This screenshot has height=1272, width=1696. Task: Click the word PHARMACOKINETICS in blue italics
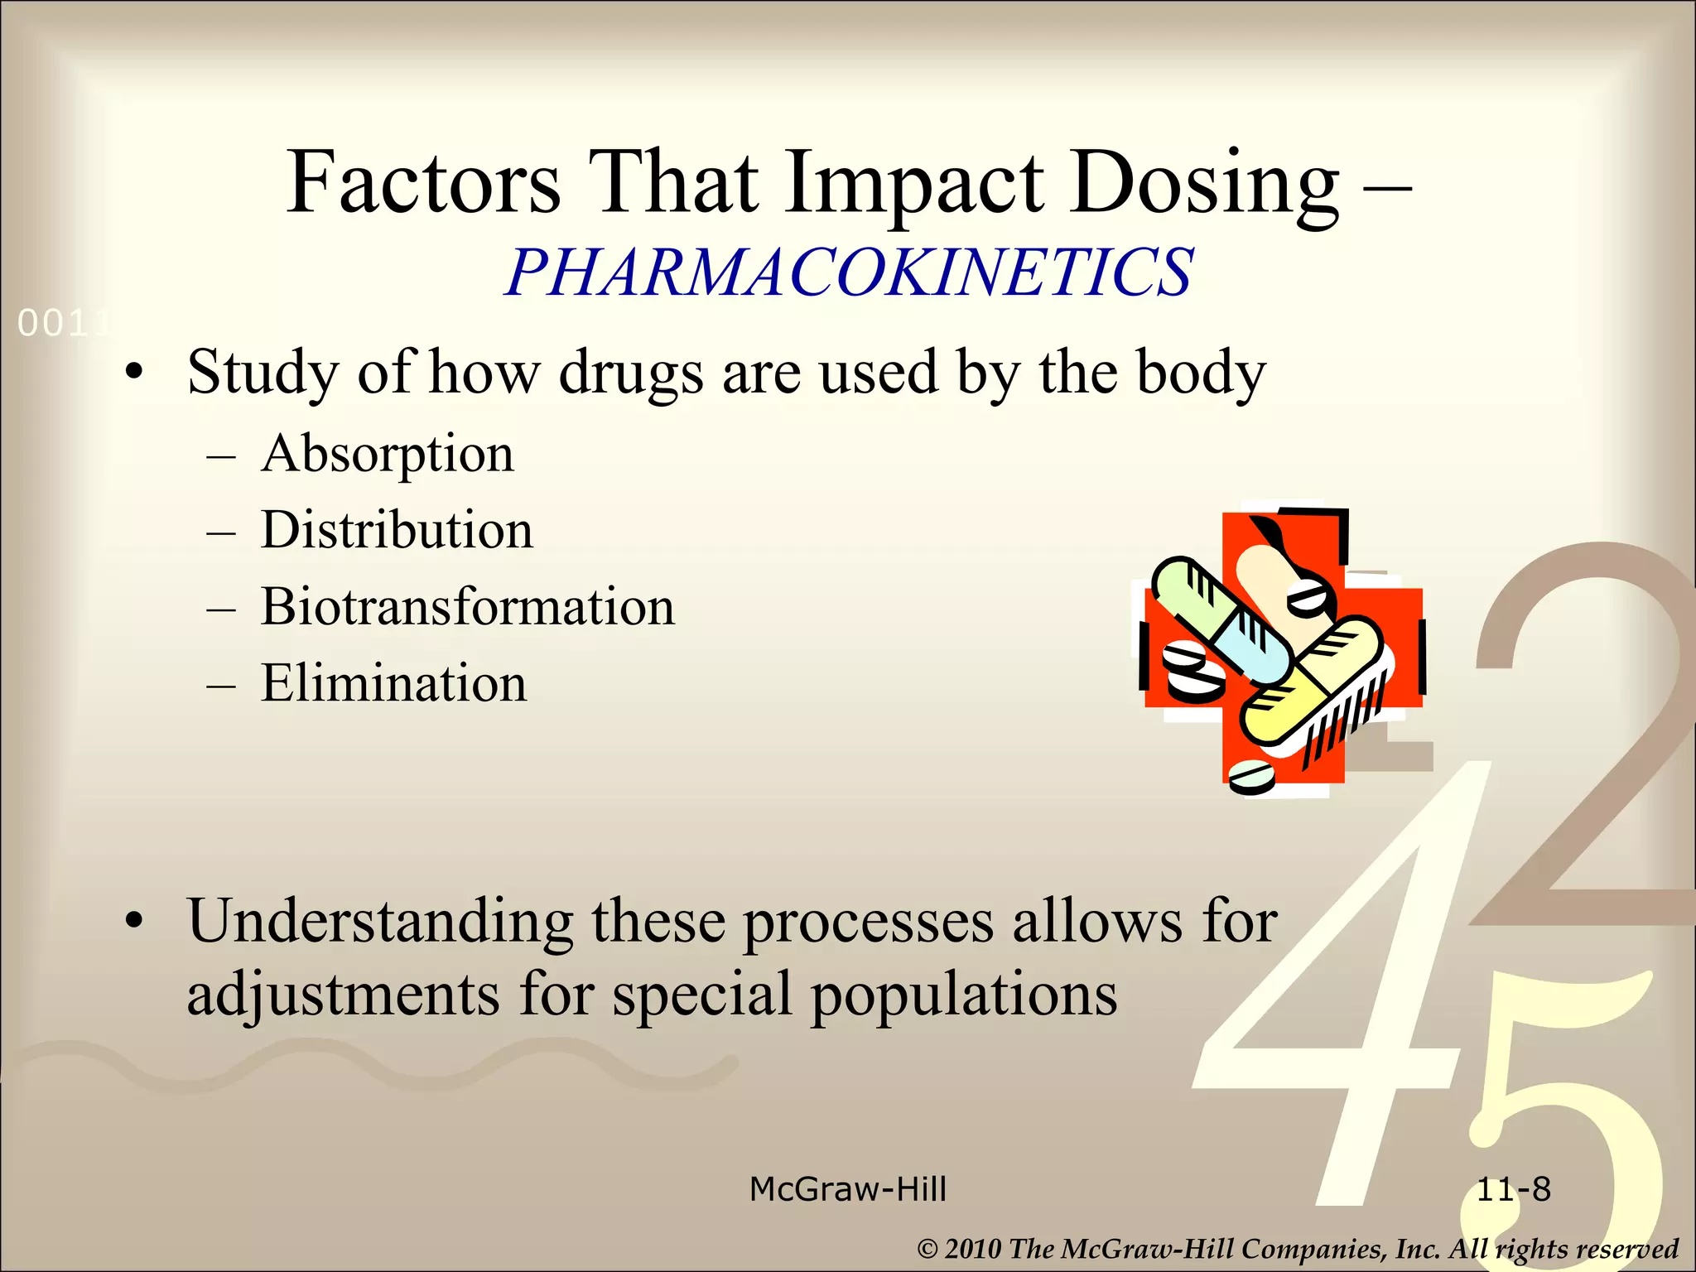(849, 272)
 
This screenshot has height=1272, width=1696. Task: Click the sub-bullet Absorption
(388, 454)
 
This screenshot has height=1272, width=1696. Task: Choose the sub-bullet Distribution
(397, 530)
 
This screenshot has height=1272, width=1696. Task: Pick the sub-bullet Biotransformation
(468, 606)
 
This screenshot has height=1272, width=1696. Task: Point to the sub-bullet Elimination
(393, 683)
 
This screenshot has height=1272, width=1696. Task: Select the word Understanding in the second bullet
(380, 921)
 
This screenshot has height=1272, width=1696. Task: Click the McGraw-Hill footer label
(847, 1189)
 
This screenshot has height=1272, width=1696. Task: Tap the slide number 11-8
(1514, 1189)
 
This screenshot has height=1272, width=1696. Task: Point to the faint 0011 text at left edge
(63, 324)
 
